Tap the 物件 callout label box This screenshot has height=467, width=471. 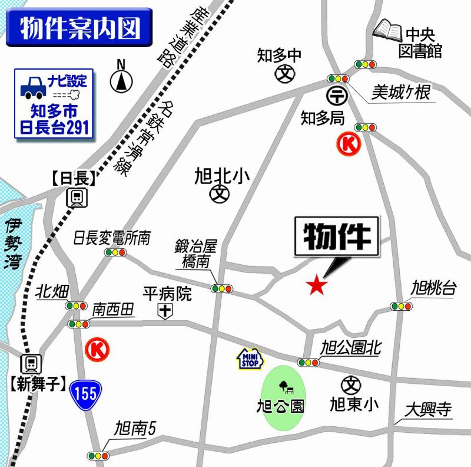[337, 238]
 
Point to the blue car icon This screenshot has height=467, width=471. [34, 87]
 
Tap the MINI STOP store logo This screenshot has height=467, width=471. [248, 359]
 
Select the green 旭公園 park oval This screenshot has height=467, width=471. [284, 397]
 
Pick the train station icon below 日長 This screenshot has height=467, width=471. [77, 198]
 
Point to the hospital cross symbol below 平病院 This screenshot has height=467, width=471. [167, 311]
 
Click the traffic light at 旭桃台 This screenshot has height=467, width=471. [401, 306]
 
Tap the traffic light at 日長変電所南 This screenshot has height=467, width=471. [115, 252]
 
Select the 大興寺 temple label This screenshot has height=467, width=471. [428, 409]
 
